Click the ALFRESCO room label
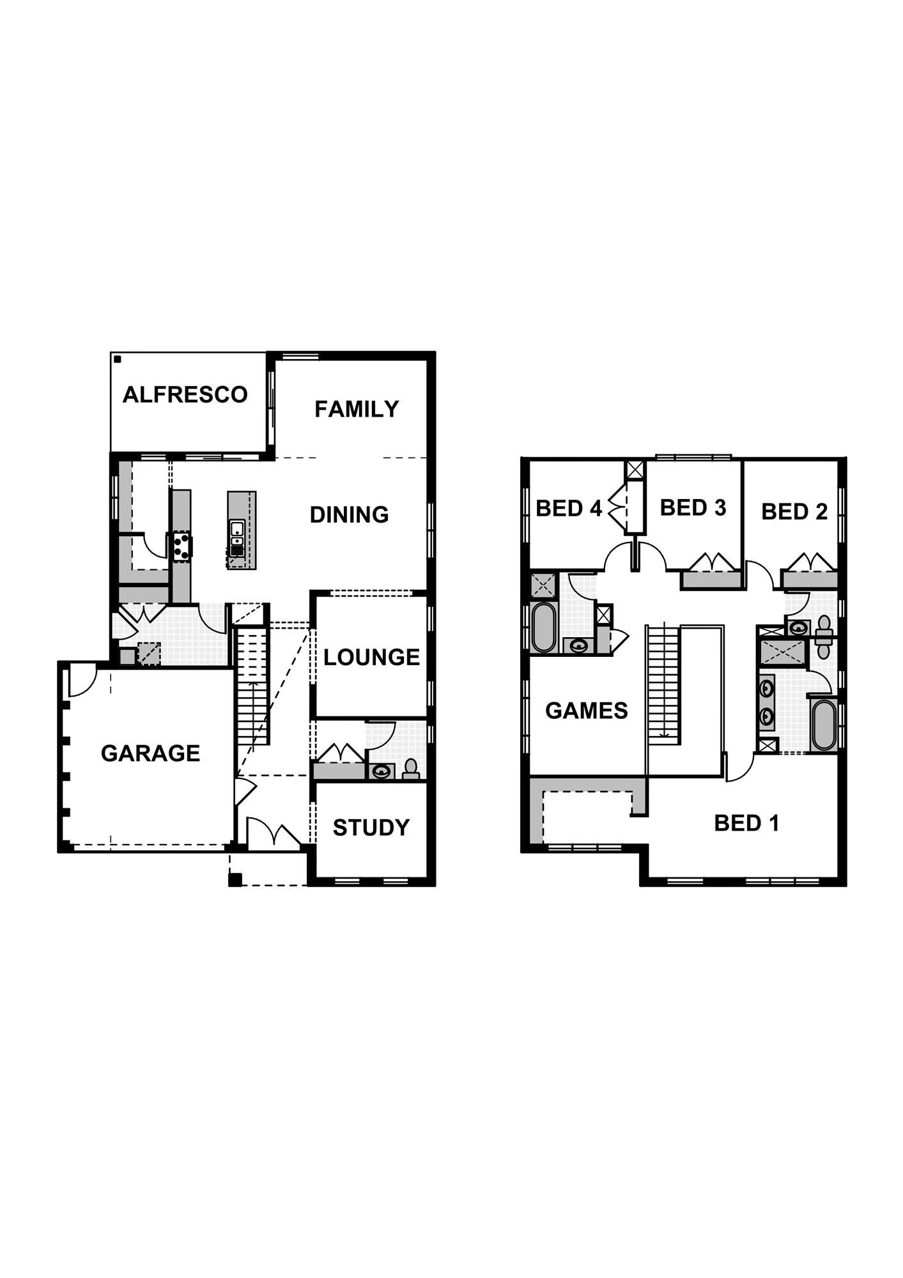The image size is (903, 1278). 185,395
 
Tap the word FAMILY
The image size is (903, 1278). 357,409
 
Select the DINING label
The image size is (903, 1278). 349,514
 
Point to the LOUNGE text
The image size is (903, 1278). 371,657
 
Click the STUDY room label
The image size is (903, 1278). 371,828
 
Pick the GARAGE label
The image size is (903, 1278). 150,753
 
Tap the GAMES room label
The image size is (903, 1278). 586,711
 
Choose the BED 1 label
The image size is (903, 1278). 746,823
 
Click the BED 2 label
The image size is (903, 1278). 794,511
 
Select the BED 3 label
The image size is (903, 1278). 693,508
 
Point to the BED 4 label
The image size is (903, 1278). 568,509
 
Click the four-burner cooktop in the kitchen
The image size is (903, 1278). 180,547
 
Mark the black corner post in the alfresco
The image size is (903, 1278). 118,360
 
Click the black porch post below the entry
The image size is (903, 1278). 235,879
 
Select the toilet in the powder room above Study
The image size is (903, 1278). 410,768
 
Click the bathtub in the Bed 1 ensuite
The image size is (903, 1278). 823,725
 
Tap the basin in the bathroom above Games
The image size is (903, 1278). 578,645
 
